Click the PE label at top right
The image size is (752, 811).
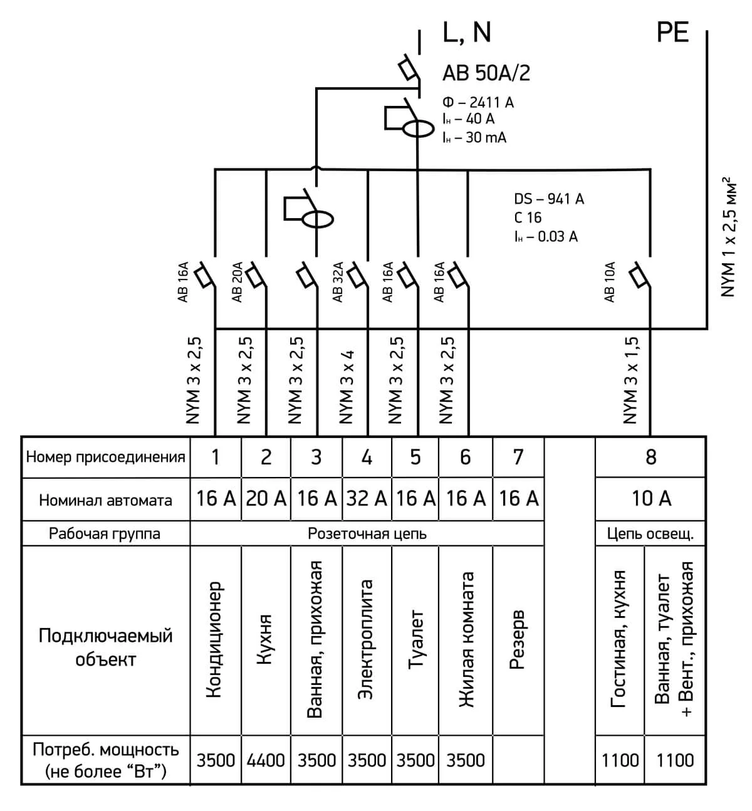pos(672,32)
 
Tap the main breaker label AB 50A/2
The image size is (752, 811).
pos(486,73)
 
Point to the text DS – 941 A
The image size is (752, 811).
pos(548,199)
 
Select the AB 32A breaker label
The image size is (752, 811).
pos(338,282)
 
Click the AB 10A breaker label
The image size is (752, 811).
pos(610,282)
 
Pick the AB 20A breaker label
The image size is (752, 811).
pos(237,282)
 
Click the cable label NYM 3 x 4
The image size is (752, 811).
pos(346,387)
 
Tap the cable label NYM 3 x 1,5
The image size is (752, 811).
pos(630,380)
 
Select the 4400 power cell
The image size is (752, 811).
pos(266,760)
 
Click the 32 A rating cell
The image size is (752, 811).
pos(367,499)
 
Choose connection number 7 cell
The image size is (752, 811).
pos(518,457)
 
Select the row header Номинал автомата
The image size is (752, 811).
pos(105,500)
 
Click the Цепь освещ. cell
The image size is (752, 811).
pos(650,533)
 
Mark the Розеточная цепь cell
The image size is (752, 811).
pos(367,534)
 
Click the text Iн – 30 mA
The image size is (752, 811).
pos(474,137)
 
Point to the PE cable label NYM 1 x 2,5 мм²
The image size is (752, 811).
pos(728,237)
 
